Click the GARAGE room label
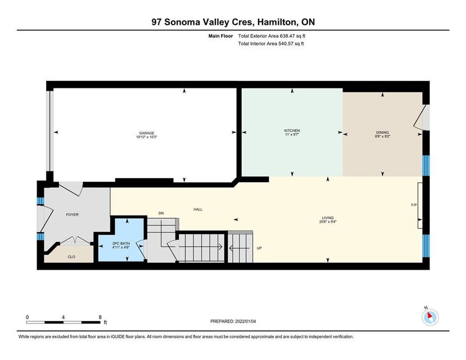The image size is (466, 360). (147, 133)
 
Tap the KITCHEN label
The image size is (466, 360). (292, 130)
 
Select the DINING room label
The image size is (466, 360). (382, 133)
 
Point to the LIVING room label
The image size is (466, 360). (328, 218)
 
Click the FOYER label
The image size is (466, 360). (73, 214)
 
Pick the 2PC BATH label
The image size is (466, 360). (121, 243)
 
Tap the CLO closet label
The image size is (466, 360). (71, 256)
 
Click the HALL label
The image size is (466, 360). (198, 209)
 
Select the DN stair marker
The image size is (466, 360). (161, 213)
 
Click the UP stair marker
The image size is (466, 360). (259, 248)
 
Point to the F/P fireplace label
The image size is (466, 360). (414, 205)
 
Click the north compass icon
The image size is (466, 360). (429, 317)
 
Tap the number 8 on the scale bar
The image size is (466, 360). (100, 317)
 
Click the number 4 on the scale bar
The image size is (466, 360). (64, 317)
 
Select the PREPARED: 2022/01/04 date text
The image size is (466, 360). (233, 321)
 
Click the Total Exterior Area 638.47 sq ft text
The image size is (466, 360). (272, 36)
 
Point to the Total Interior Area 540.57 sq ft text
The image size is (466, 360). (271, 44)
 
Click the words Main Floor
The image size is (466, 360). (220, 36)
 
